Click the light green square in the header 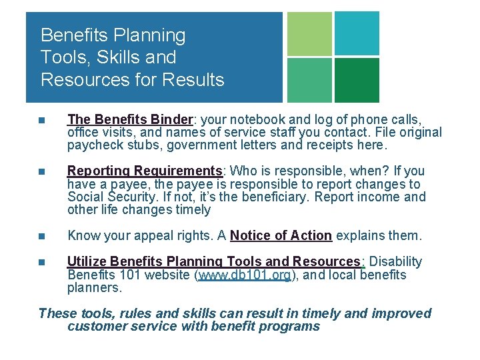pos(309,34)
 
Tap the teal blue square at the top pos(357,33)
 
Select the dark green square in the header pos(357,80)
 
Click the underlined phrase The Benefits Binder pos(130,119)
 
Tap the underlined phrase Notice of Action pos(281,235)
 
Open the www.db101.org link pos(244,275)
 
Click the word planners pos(94,288)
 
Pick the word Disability pos(395,261)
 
